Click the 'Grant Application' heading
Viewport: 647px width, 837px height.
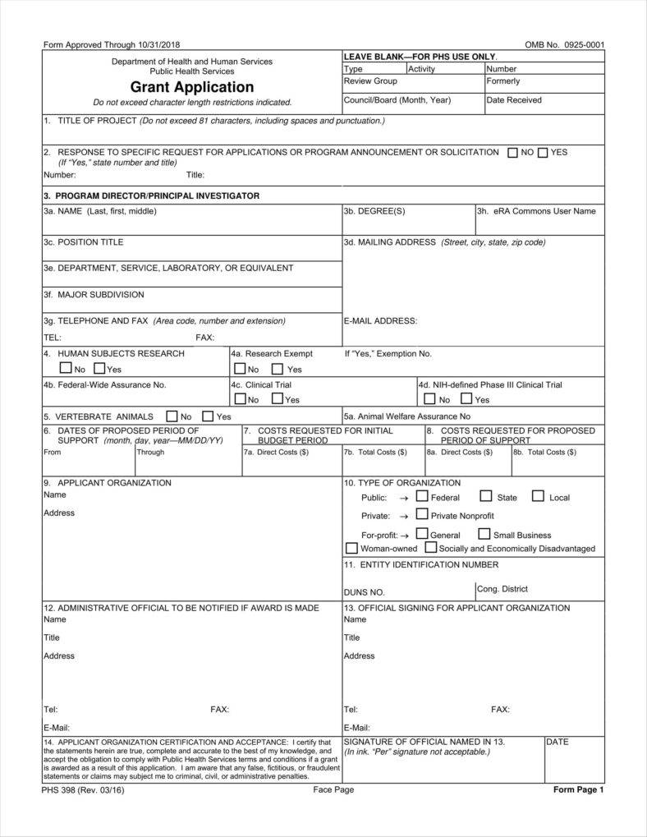click(191, 87)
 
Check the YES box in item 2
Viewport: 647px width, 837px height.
click(543, 152)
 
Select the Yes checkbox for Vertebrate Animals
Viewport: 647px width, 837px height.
click(208, 416)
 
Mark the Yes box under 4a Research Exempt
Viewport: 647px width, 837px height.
click(278, 369)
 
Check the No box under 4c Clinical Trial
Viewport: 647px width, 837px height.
click(240, 399)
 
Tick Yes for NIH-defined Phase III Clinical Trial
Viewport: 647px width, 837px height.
click(466, 399)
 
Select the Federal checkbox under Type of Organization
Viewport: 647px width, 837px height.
click(422, 497)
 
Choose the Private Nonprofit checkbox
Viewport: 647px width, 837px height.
click(422, 515)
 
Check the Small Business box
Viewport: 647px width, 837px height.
click(484, 535)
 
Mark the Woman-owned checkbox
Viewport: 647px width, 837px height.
click(351, 548)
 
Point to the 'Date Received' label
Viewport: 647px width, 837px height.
click(514, 100)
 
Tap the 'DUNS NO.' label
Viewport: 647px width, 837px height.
click(365, 591)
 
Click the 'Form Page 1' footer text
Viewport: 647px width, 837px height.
click(578, 789)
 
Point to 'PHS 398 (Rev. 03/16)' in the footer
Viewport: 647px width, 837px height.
click(84, 789)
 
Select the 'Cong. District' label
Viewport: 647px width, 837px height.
click(502, 589)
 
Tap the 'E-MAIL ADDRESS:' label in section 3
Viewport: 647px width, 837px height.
click(380, 320)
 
